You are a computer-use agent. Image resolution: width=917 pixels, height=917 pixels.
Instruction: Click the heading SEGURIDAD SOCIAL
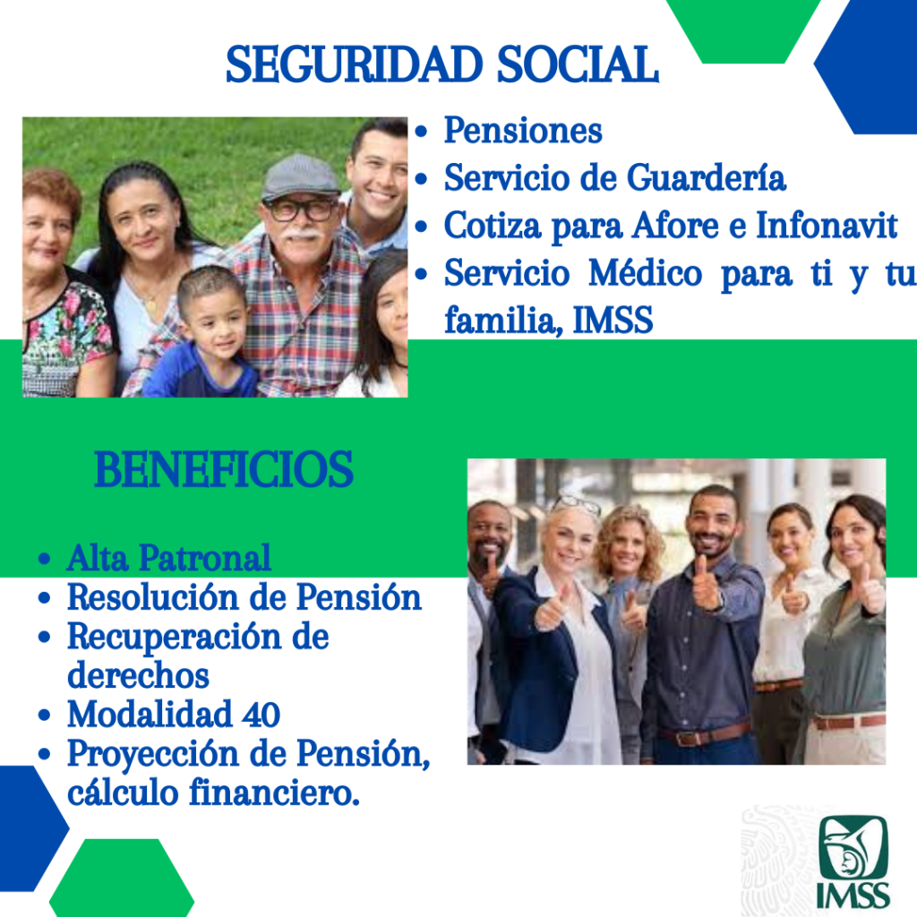(442, 64)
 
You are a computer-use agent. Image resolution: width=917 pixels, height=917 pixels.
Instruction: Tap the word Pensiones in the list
(523, 130)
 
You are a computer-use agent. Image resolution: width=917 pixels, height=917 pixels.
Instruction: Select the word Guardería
(707, 177)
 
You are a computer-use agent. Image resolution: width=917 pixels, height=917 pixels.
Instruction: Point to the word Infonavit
(827, 225)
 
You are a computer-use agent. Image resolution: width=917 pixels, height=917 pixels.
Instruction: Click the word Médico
(645, 272)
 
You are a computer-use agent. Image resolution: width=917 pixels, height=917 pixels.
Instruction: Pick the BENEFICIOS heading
(223, 469)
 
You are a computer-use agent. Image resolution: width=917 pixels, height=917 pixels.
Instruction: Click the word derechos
(138, 675)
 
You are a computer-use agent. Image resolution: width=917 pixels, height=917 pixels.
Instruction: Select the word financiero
(274, 793)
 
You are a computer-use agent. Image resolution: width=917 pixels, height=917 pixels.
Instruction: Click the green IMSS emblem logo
(853, 862)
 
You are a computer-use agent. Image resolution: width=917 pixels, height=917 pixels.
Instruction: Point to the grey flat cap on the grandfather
(300, 178)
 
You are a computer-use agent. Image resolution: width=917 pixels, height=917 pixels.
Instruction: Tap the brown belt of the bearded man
(706, 733)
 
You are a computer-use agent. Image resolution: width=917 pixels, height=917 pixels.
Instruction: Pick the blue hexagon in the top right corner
(866, 66)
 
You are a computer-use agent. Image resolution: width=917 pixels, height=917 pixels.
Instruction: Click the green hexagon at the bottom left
(122, 878)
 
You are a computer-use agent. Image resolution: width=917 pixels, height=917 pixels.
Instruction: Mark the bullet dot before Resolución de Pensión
(44, 598)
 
